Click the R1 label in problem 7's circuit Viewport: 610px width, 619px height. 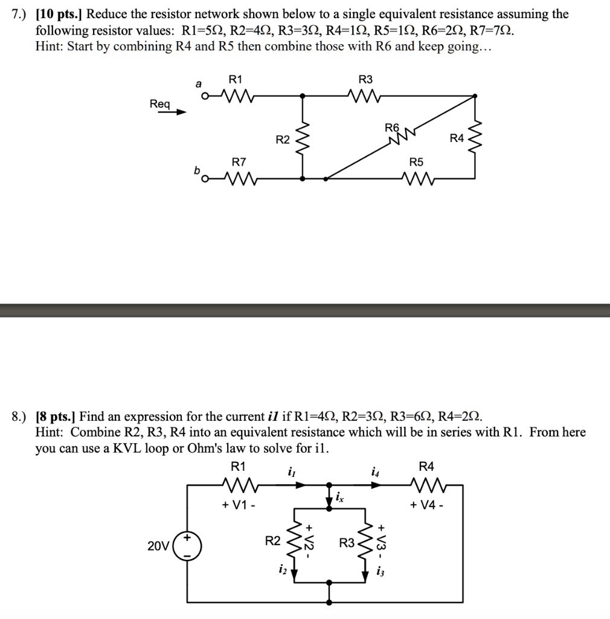(235, 79)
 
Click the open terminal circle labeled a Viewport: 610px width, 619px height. (206, 96)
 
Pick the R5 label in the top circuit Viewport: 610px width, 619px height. (416, 162)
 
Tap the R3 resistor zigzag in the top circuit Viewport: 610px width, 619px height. (366, 95)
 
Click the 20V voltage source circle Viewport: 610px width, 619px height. (187, 546)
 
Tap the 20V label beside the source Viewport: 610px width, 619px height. (159, 546)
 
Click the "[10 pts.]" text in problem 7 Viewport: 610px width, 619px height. (60, 13)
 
